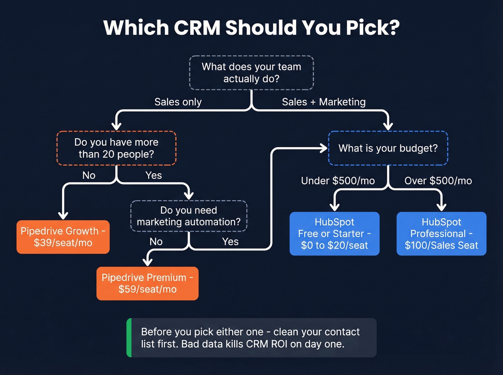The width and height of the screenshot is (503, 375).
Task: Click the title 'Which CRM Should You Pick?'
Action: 251,28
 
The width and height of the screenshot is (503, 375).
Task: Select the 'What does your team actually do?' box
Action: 251,72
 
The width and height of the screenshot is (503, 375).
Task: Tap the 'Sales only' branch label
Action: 178,102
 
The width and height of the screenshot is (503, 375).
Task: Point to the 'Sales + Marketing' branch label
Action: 323,102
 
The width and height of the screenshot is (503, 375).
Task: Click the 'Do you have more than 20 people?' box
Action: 116,148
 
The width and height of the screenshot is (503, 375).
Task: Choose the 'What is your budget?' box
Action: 388,148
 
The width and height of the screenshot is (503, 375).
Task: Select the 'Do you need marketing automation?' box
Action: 189,216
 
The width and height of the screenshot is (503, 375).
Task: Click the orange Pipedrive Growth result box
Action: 63,237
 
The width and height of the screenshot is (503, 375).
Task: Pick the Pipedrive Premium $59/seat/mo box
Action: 147,283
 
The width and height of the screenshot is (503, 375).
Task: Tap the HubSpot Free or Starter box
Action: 334,234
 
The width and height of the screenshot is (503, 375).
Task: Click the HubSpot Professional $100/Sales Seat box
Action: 441,234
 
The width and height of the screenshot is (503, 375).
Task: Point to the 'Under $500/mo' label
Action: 338,181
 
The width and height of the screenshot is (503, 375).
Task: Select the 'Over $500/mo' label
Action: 438,181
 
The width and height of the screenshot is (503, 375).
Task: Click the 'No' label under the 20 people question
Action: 89,175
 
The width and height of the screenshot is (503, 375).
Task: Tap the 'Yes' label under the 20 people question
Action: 153,175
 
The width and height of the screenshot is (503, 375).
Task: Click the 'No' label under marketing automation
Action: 156,242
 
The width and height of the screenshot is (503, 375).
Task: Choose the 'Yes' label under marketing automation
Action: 230,242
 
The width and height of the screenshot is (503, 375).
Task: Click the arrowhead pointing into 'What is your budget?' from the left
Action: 324,148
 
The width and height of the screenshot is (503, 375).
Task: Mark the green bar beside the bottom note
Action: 129,338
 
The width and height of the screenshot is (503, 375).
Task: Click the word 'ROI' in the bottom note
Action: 279,344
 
